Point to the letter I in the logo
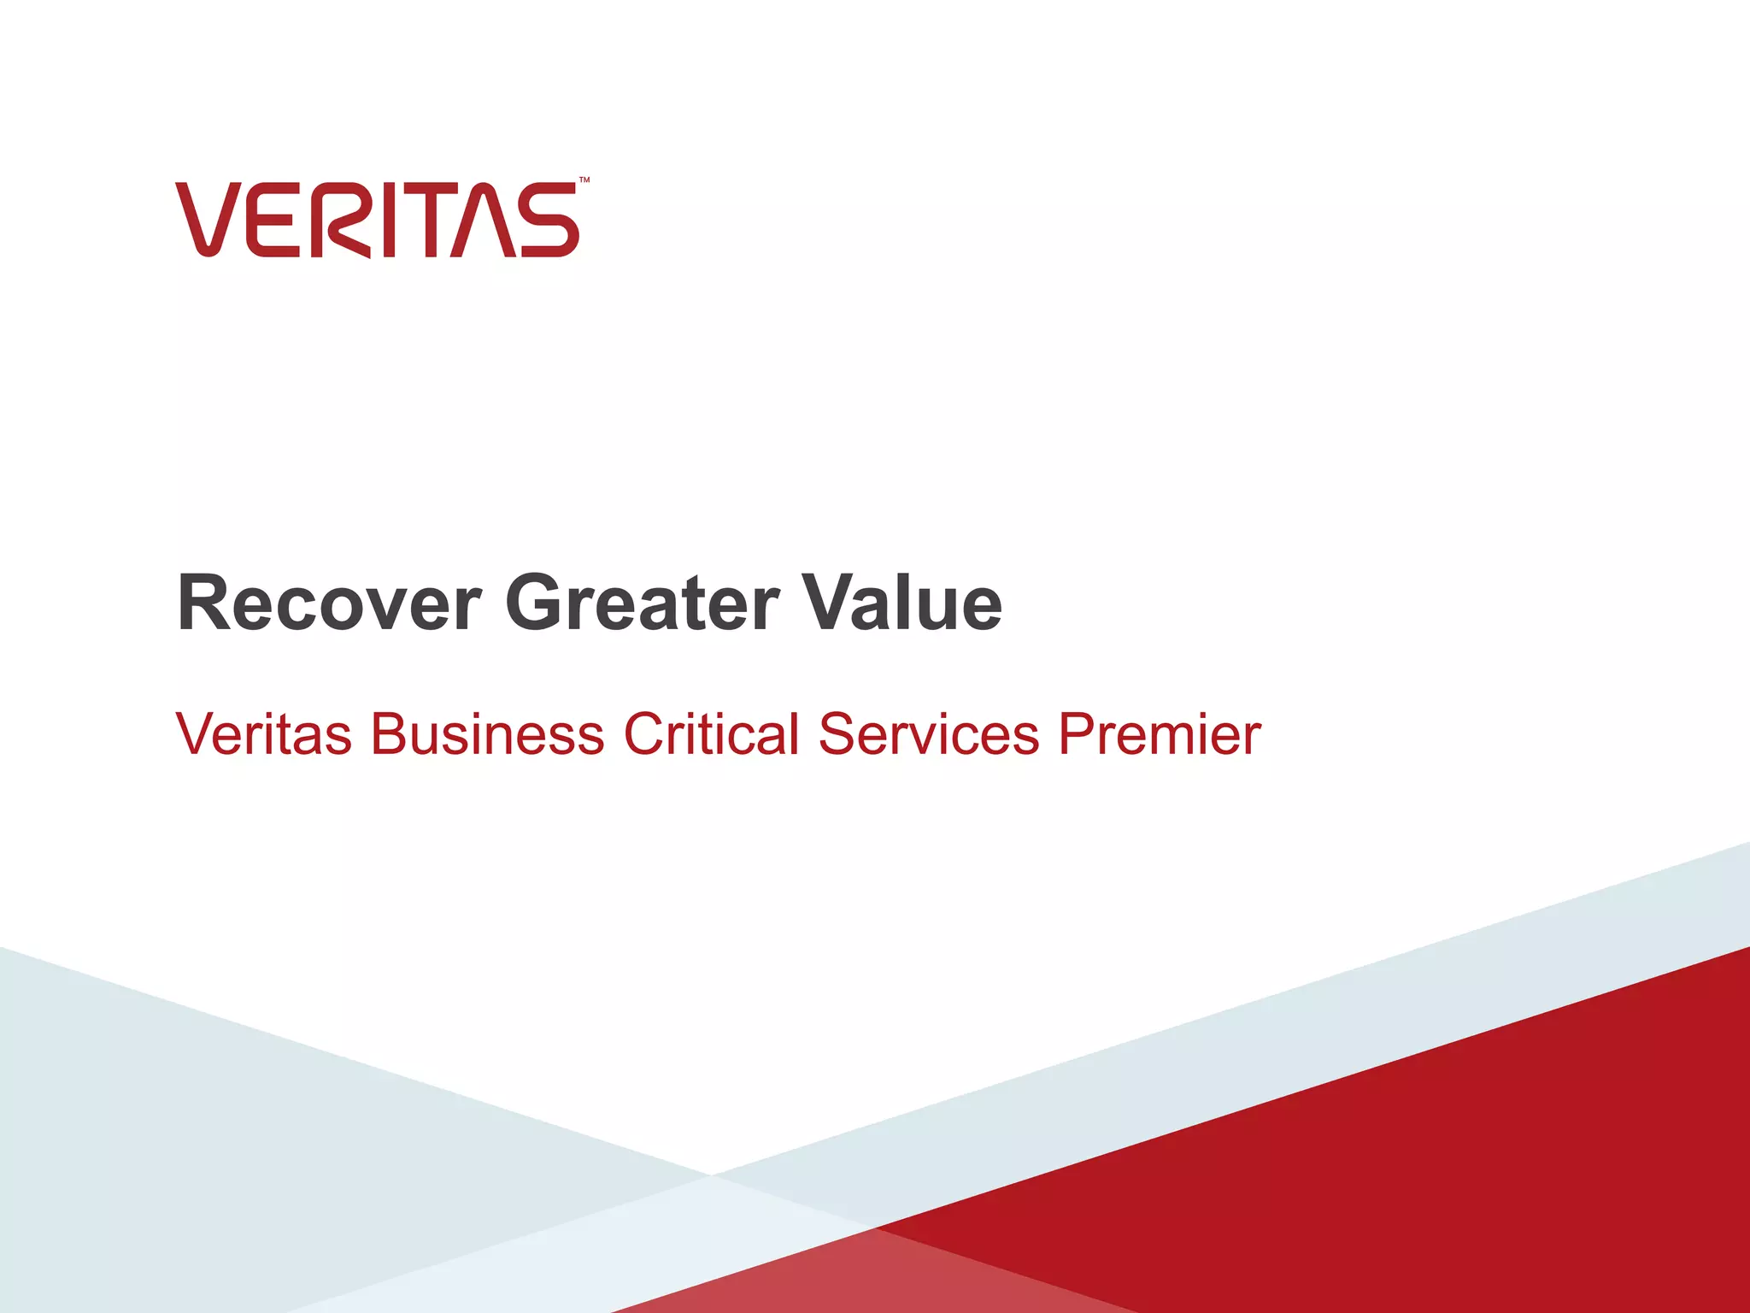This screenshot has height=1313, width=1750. (x=389, y=219)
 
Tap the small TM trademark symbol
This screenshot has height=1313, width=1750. (x=584, y=180)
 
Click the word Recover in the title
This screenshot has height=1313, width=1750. (x=329, y=604)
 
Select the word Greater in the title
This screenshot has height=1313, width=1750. (x=642, y=604)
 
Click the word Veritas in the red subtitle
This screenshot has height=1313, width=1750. (x=263, y=734)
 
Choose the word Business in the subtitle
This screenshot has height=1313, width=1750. (x=487, y=734)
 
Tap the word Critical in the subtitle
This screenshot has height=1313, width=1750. (x=711, y=734)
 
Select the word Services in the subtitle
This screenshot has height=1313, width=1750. (x=928, y=734)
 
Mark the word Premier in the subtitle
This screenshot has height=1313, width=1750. (x=1160, y=734)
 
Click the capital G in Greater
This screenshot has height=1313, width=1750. (x=536, y=604)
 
